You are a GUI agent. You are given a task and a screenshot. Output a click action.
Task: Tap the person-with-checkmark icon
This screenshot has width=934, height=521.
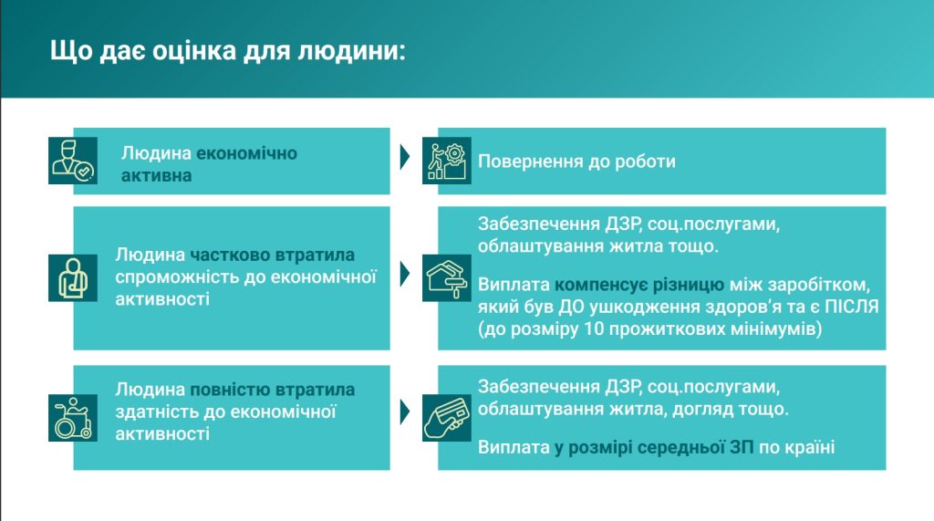tap(73, 161)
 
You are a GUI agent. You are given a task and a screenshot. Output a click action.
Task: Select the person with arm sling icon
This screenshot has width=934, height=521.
tap(73, 277)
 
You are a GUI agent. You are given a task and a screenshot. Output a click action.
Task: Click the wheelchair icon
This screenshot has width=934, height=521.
tap(73, 417)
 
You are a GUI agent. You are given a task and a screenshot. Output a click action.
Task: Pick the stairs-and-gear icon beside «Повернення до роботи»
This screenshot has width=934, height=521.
tap(447, 161)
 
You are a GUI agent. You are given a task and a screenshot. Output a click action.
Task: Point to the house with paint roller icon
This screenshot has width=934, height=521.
tap(447, 277)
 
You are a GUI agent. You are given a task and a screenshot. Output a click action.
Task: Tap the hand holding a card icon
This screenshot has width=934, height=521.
tap(447, 417)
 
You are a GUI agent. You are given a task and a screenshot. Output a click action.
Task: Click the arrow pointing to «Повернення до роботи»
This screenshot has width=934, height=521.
tap(405, 157)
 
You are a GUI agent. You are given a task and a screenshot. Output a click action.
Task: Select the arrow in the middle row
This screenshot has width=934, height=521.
tap(405, 274)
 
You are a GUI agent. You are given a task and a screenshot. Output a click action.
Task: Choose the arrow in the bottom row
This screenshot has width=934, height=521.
tap(405, 412)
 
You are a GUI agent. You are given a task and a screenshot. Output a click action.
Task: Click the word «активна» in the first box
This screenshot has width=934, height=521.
tap(156, 176)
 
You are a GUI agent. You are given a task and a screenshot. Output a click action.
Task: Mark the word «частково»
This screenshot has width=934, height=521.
tap(230, 255)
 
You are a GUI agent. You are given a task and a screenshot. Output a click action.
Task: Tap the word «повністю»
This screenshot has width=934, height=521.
tap(230, 390)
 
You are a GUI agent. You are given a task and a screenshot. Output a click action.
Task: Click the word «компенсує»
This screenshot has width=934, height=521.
tap(601, 285)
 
